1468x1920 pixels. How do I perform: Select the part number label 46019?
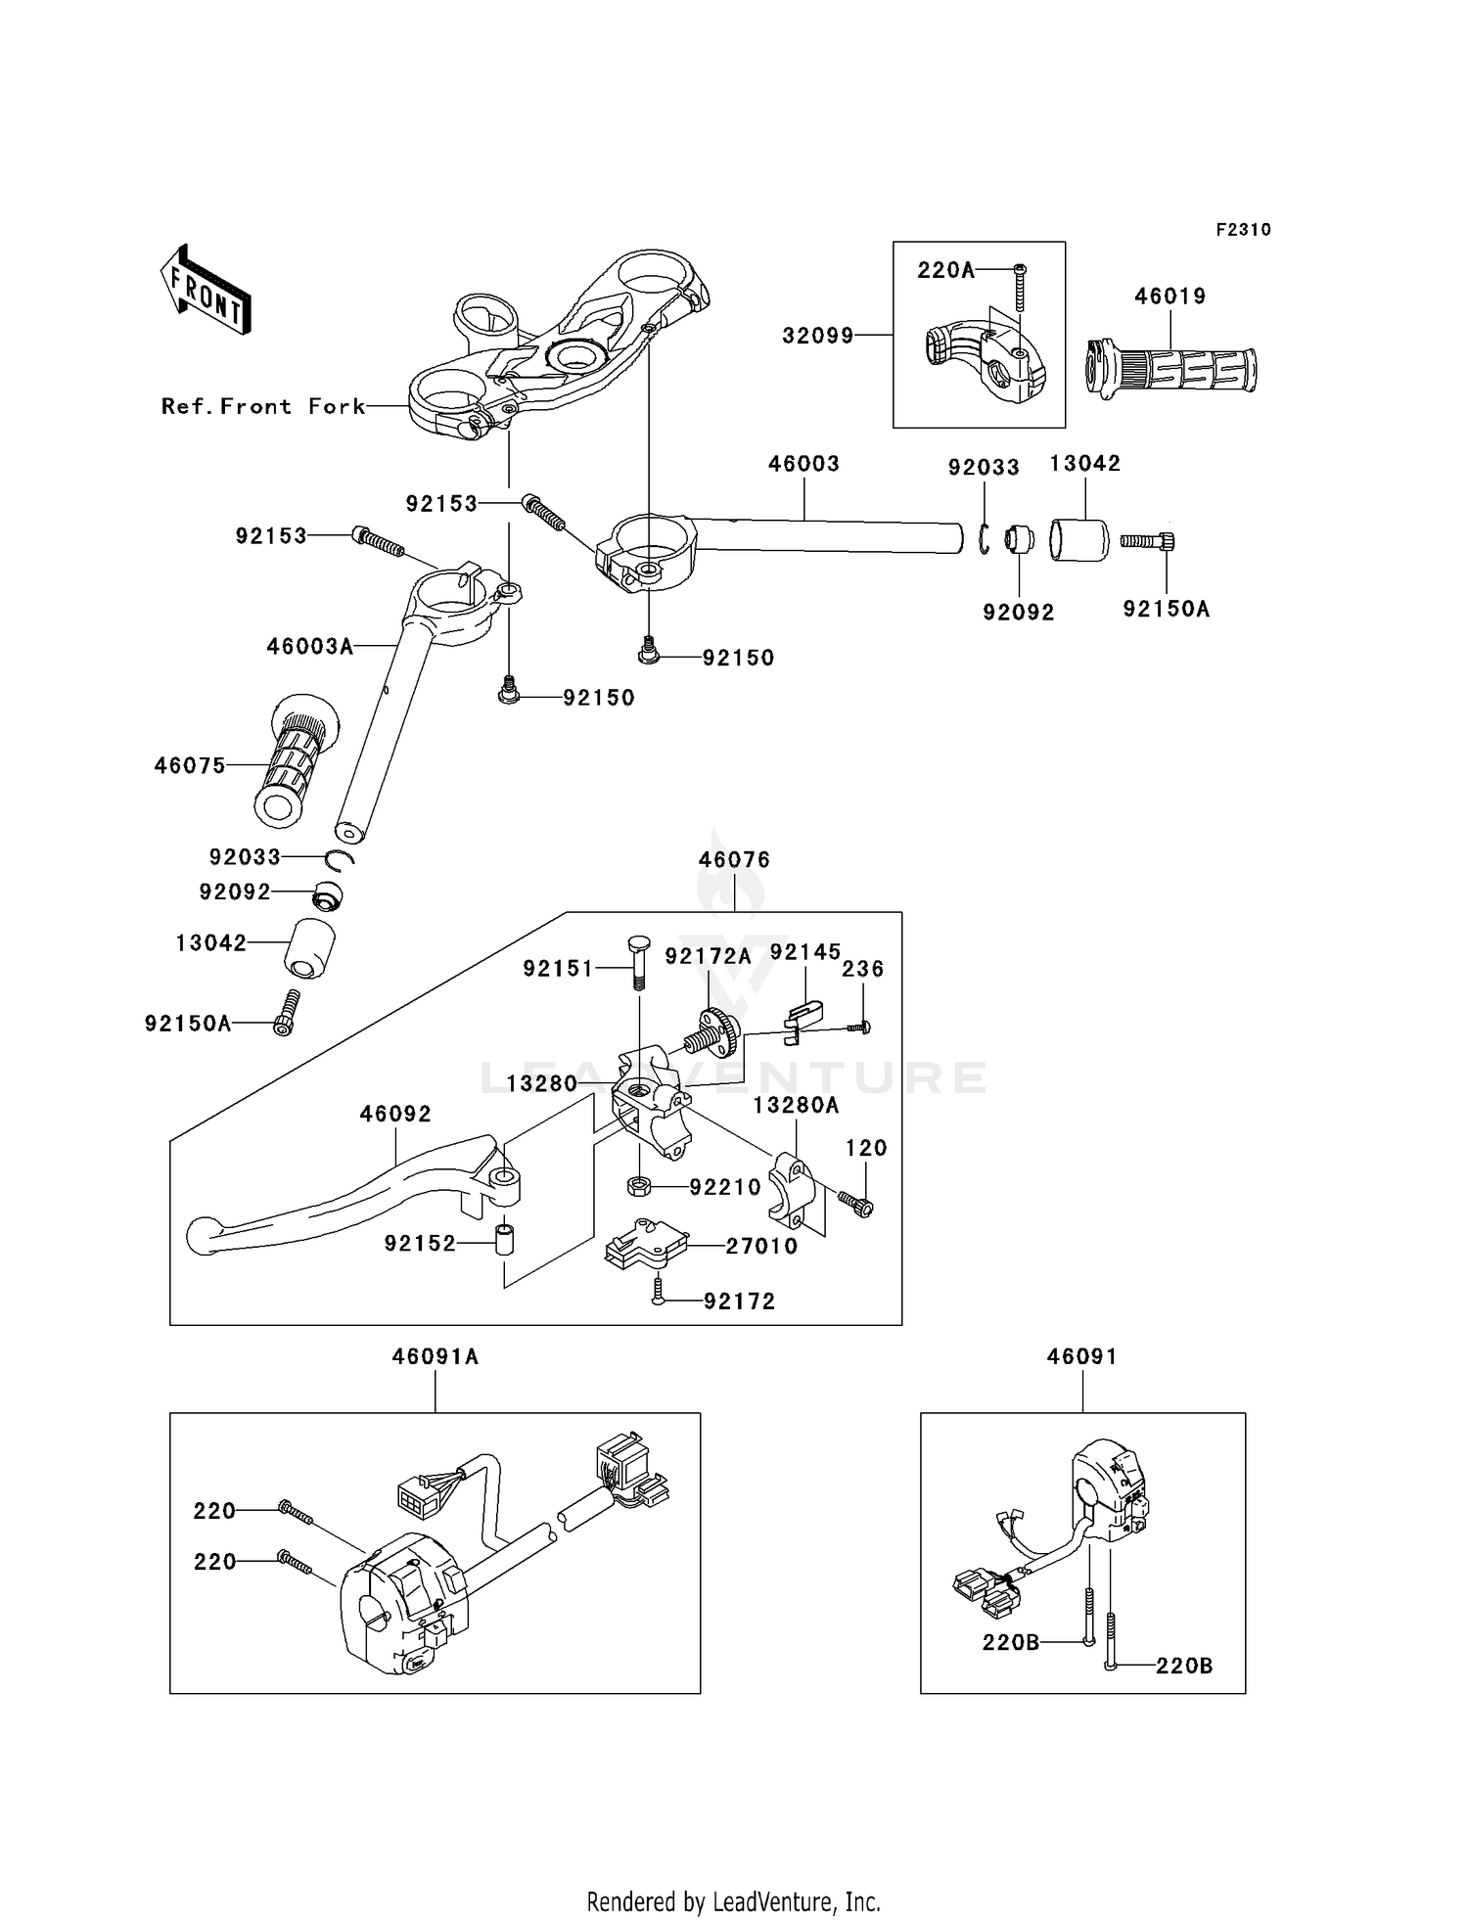[1170, 296]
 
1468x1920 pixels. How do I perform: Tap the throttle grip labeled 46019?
[1171, 368]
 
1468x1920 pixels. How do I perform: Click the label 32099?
[818, 336]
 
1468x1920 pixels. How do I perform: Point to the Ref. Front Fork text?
[263, 406]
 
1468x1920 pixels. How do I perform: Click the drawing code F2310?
[1243, 229]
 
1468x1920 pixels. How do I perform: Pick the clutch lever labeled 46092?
[353, 1196]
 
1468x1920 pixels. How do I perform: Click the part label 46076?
[734, 859]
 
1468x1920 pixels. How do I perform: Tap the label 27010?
[761, 1246]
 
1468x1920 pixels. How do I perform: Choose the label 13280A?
[796, 1105]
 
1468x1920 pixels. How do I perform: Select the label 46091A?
[436, 1356]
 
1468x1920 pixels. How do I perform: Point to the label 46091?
[1081, 1356]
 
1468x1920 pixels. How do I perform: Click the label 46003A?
[309, 646]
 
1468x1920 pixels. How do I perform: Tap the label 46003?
[803, 463]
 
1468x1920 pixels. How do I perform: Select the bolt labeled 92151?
[636, 963]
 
